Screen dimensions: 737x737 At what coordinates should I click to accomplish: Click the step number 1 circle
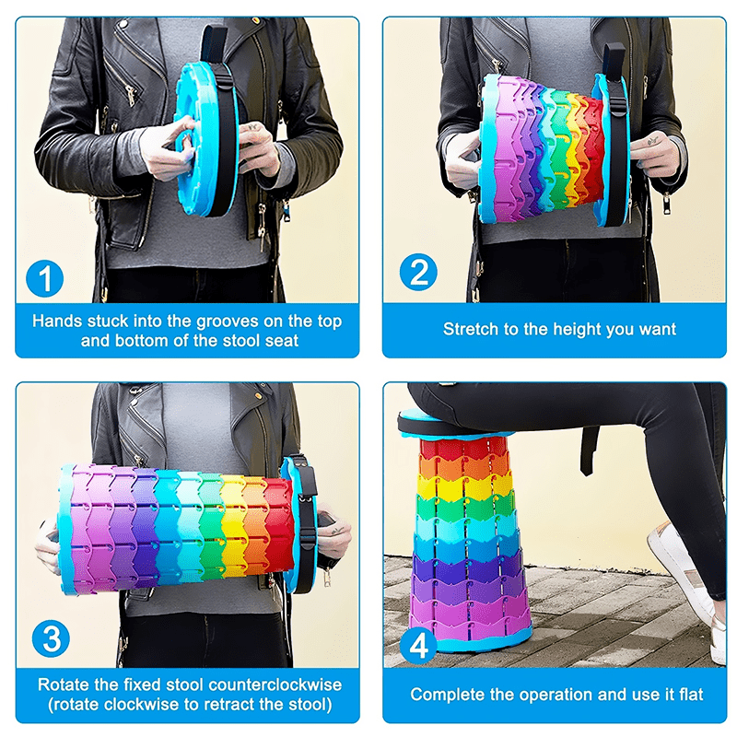point(44,276)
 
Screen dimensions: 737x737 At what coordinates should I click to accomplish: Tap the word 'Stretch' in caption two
point(472,329)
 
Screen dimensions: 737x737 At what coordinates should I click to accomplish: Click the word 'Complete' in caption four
point(447,694)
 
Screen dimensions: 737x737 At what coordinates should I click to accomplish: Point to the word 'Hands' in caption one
point(56,322)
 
